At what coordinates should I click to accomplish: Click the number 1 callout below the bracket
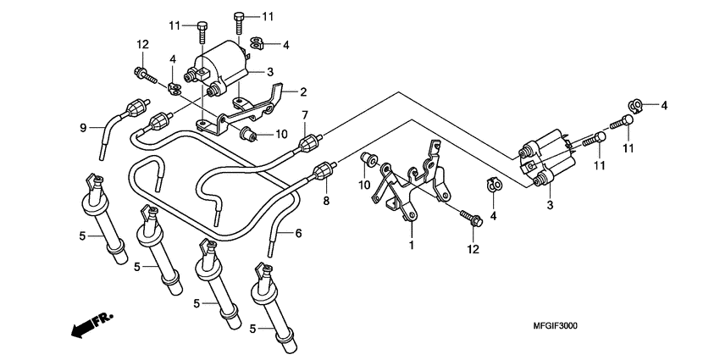click(x=411, y=245)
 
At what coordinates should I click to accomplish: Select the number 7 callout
click(x=306, y=115)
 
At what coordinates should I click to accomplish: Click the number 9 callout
click(x=83, y=128)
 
